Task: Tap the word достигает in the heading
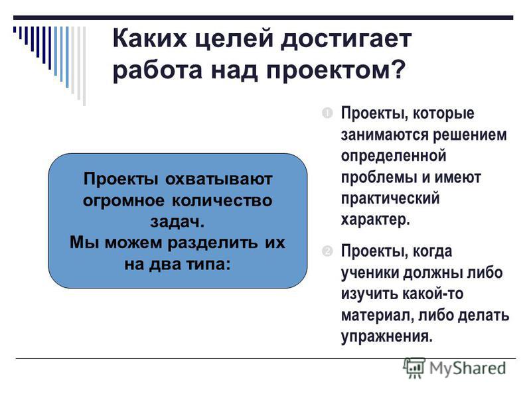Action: pos(346,39)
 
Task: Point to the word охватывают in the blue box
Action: pos(219,179)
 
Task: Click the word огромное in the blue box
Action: pos(124,202)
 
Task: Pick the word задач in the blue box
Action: pos(175,222)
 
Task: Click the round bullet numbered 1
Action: pos(327,113)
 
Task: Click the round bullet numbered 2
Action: pos(327,251)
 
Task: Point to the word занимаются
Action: pos(385,135)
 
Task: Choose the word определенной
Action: pos(394,157)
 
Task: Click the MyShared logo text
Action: pos(468,368)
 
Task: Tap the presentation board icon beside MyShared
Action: pos(414,367)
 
